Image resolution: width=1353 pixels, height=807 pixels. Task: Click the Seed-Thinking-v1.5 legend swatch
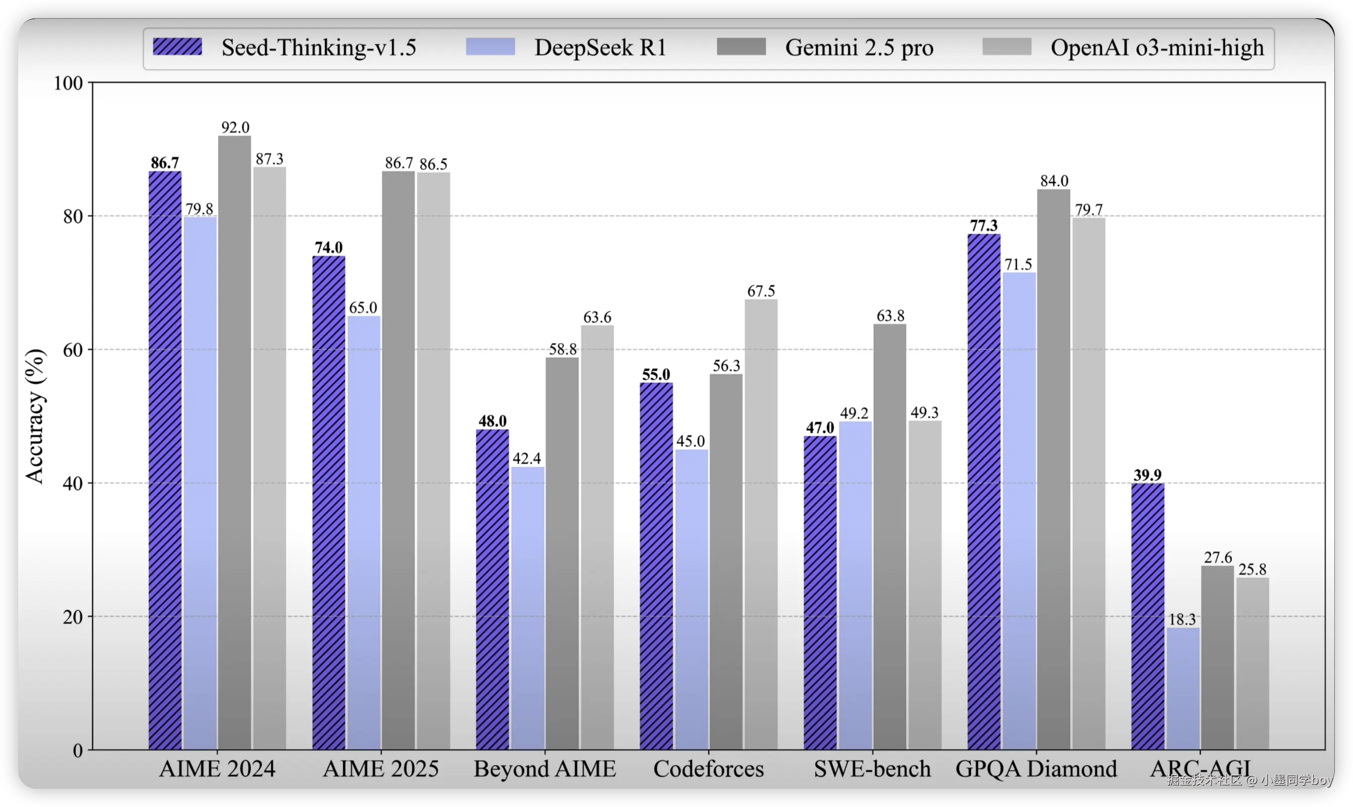pyautogui.click(x=177, y=47)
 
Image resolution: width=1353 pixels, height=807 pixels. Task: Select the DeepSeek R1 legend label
pyautogui.click(x=600, y=48)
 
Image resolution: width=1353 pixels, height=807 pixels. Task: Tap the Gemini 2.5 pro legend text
pyautogui.click(x=858, y=48)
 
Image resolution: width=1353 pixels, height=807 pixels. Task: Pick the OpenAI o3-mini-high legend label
pyautogui.click(x=1157, y=48)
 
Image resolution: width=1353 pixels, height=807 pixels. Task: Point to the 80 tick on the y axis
pyautogui.click(x=73, y=216)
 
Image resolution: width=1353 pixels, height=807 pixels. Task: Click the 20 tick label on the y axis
pyautogui.click(x=73, y=617)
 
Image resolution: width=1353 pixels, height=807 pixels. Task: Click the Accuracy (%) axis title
pyautogui.click(x=35, y=416)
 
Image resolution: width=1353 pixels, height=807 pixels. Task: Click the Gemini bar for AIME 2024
pyautogui.click(x=235, y=443)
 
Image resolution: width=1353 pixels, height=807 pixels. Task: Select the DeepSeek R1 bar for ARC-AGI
pyautogui.click(x=1183, y=689)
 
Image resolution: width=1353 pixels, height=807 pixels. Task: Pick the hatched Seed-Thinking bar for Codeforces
pyautogui.click(x=656, y=566)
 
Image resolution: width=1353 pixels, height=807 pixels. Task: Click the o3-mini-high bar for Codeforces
pyautogui.click(x=761, y=524)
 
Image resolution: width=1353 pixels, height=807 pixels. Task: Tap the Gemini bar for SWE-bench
pyautogui.click(x=890, y=537)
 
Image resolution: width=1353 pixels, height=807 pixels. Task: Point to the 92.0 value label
pyautogui.click(x=235, y=127)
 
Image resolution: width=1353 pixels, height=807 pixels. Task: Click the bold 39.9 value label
pyautogui.click(x=1147, y=475)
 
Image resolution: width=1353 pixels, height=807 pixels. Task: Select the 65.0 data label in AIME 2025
pyautogui.click(x=363, y=308)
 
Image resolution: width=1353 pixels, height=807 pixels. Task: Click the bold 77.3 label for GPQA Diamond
pyautogui.click(x=983, y=225)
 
